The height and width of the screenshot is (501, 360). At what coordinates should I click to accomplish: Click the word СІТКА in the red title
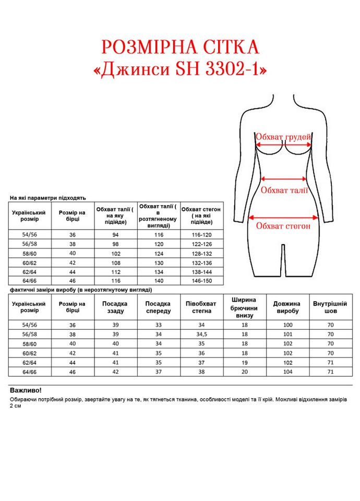point(226,47)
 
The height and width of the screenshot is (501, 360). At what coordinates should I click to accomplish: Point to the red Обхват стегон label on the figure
point(283,226)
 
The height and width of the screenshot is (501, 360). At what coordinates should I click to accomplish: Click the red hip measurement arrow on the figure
point(284,218)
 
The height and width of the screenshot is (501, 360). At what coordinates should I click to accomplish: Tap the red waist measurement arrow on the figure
point(284,177)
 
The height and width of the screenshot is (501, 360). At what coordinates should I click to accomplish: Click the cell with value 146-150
point(202,280)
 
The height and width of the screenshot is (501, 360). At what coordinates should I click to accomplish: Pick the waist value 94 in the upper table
point(116,235)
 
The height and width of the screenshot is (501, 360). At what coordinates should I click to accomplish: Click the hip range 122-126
point(202,244)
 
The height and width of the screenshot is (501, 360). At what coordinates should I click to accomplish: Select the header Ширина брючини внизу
point(244,307)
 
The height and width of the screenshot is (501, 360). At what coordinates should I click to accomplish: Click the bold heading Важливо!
point(26,390)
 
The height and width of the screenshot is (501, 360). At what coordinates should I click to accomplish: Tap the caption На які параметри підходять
point(48,198)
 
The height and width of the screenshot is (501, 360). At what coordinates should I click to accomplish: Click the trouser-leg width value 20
point(244,372)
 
